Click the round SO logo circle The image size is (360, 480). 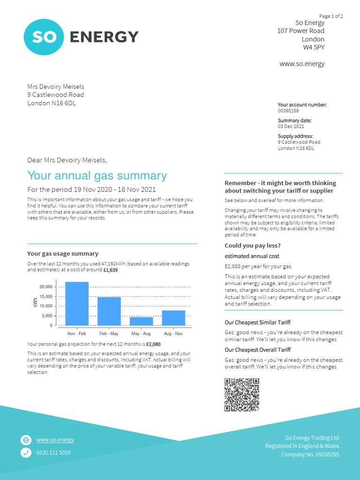tap(43, 37)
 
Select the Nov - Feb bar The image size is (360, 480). tap(76, 304)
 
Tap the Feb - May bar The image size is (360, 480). tap(109, 311)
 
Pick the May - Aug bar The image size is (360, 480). tap(141, 321)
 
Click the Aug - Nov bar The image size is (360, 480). tap(173, 318)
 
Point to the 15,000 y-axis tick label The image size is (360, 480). tap(45, 297)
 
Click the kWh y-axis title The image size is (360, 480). tap(35, 303)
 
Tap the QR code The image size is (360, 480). tap(242, 395)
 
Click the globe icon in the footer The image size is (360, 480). tap(26, 440)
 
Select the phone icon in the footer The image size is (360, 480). tap(26, 453)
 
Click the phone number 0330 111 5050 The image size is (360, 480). tap(53, 453)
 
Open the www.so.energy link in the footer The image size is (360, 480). tap(55, 440)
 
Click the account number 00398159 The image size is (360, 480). tap(288, 111)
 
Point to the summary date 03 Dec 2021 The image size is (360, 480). tap(291, 127)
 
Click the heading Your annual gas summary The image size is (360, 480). tap(97, 176)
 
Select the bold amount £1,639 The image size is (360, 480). tap(111, 270)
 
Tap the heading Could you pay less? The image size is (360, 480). tap(253, 246)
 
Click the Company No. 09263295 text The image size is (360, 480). tap(310, 454)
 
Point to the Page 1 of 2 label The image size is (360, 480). tap(331, 16)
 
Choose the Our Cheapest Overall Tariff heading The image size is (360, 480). tap(257, 350)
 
